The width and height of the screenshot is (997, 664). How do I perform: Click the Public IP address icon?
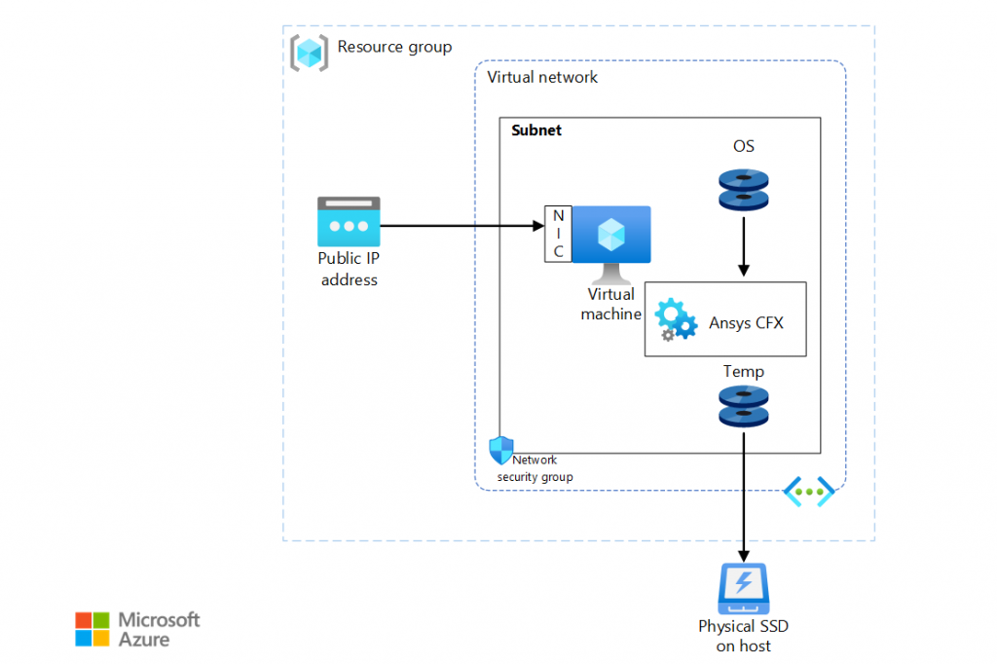349,221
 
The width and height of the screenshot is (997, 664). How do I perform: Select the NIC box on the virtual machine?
558,234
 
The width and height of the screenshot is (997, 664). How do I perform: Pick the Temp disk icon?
744,406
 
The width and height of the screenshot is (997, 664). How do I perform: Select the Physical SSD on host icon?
744,586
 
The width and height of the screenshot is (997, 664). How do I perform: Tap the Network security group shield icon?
500,450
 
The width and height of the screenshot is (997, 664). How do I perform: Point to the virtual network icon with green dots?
809,492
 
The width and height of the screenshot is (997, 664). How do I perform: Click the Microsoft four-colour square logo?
92,629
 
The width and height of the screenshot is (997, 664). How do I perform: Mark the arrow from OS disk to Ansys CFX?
744,246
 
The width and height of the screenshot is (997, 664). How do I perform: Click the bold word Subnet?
536,130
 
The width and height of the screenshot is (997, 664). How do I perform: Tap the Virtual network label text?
542,77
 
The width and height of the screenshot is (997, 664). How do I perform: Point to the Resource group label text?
394,47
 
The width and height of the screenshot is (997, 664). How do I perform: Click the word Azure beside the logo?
144,640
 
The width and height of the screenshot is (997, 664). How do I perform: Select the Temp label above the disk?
744,371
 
